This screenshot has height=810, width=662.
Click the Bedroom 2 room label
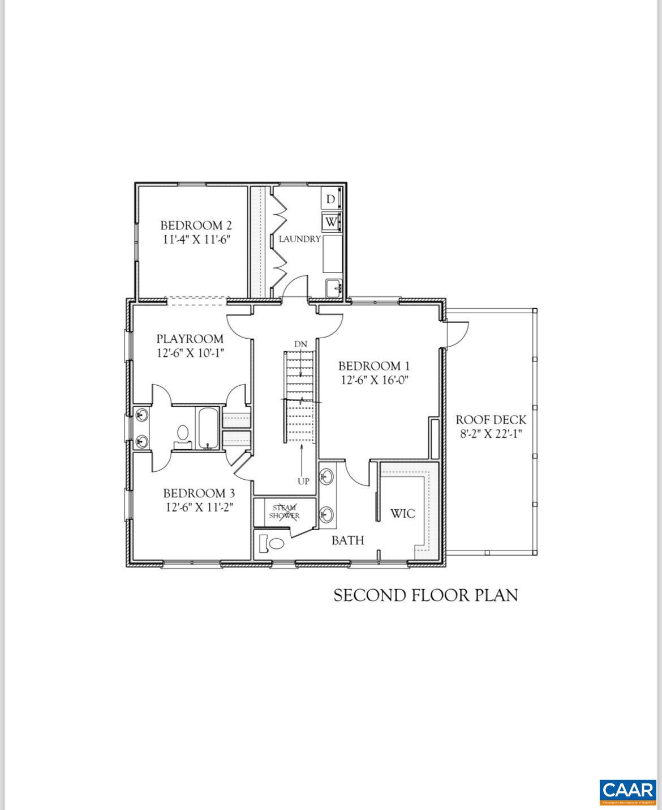[x=196, y=225]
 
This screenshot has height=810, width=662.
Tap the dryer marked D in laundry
[x=330, y=199]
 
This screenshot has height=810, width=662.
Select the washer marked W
[x=330, y=221]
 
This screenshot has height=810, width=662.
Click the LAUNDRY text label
[x=299, y=239]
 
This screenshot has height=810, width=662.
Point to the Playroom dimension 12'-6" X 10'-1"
[x=191, y=353]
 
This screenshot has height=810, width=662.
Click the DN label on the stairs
[x=300, y=344]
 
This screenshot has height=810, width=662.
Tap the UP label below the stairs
[x=303, y=481]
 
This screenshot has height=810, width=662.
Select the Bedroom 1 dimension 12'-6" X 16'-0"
[x=374, y=380]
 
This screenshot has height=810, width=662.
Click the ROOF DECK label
[x=491, y=420]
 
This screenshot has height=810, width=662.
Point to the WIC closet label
[x=403, y=514]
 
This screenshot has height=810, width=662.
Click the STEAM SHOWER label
[x=285, y=512]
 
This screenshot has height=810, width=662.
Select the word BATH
[x=347, y=540]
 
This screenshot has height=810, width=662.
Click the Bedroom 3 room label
[x=199, y=493]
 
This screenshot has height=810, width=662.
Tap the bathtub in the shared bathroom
[x=208, y=428]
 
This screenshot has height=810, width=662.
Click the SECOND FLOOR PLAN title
[x=425, y=595]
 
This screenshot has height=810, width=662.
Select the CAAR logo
[x=627, y=791]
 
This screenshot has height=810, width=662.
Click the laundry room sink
[x=334, y=288]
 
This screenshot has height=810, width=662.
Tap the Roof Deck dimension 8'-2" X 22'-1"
[x=491, y=434]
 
